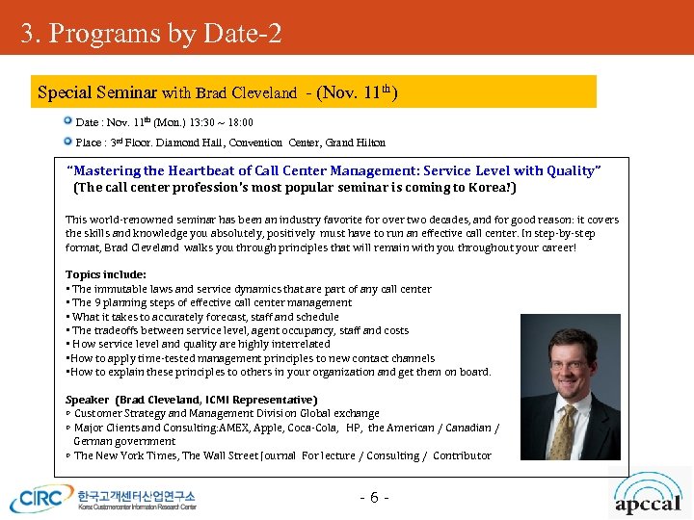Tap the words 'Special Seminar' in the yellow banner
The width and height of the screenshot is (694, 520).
point(97,93)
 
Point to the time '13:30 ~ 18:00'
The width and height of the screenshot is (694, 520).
point(221,123)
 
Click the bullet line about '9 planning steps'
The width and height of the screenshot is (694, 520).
point(211,302)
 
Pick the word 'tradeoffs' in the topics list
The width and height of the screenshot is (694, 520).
point(120,330)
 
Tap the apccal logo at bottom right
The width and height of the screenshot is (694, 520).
point(649,500)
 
